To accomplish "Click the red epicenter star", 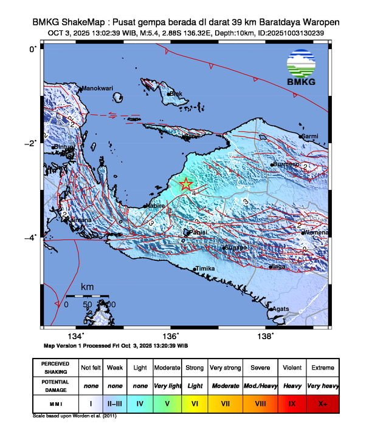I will point(186,184).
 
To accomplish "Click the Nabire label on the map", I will point(155,206).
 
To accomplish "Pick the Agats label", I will point(281,309).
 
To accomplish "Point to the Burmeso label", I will point(286,164).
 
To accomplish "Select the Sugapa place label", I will point(235,248).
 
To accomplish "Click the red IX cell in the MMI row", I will point(292,403).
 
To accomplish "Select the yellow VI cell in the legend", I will point(195,403).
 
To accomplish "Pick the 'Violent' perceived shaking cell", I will point(292,368).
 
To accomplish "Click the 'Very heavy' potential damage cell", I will point(322,385).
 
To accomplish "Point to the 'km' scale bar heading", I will point(88,286).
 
